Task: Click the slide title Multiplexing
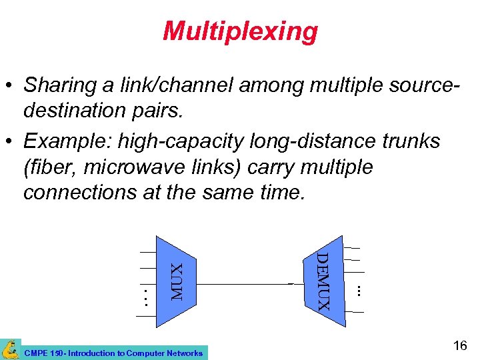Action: [240, 31]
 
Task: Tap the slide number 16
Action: [459, 345]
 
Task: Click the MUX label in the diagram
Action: [177, 281]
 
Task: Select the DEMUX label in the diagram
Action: [323, 281]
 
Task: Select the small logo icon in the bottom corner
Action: [10, 349]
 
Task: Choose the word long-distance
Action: [298, 141]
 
